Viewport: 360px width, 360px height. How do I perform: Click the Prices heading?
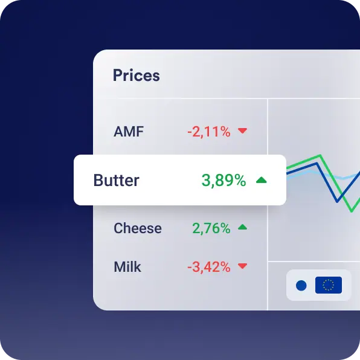pos(136,76)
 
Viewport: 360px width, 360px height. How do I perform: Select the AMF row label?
pos(129,132)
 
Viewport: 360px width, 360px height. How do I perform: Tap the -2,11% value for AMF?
pos(209,132)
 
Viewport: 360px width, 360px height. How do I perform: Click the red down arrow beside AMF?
pos(242,130)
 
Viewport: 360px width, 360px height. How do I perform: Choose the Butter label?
pos(117,180)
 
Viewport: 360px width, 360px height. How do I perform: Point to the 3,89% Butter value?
pos(223,181)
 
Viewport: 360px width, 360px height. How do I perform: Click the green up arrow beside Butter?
pos(262,180)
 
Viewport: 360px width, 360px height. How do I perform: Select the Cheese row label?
pos(138,228)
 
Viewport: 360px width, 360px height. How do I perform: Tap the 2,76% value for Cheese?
pos(211,228)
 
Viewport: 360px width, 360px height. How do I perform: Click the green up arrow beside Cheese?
pos(242,227)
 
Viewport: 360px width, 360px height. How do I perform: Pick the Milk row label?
pos(127,267)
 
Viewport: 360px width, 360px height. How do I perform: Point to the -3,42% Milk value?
pos(209,267)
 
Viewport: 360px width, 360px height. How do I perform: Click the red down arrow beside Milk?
pos(242,266)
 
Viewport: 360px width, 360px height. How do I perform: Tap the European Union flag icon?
pos(329,285)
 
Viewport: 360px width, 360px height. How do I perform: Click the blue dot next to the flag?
pos(301,285)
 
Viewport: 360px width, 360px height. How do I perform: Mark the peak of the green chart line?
pos(320,156)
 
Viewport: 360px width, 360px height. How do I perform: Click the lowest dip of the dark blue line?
pos(337,202)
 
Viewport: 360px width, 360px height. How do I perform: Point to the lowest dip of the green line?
pos(352,211)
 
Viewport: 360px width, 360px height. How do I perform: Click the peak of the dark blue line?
pos(317,163)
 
